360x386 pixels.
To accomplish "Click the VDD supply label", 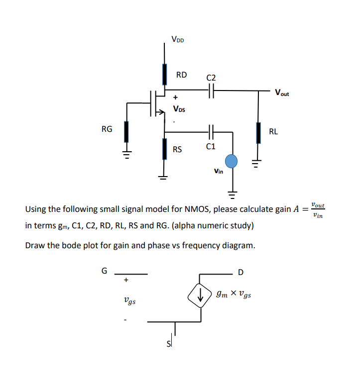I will click(177, 39).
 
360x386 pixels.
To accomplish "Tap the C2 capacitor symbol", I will click(211, 91).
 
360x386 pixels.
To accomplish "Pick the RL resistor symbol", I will click(258, 132).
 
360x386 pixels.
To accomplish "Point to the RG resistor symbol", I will click(127, 132).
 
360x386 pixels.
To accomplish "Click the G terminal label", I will click(104, 271).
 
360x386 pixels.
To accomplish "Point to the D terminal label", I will click(241, 272).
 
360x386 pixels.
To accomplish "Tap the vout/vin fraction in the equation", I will click(317, 209).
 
